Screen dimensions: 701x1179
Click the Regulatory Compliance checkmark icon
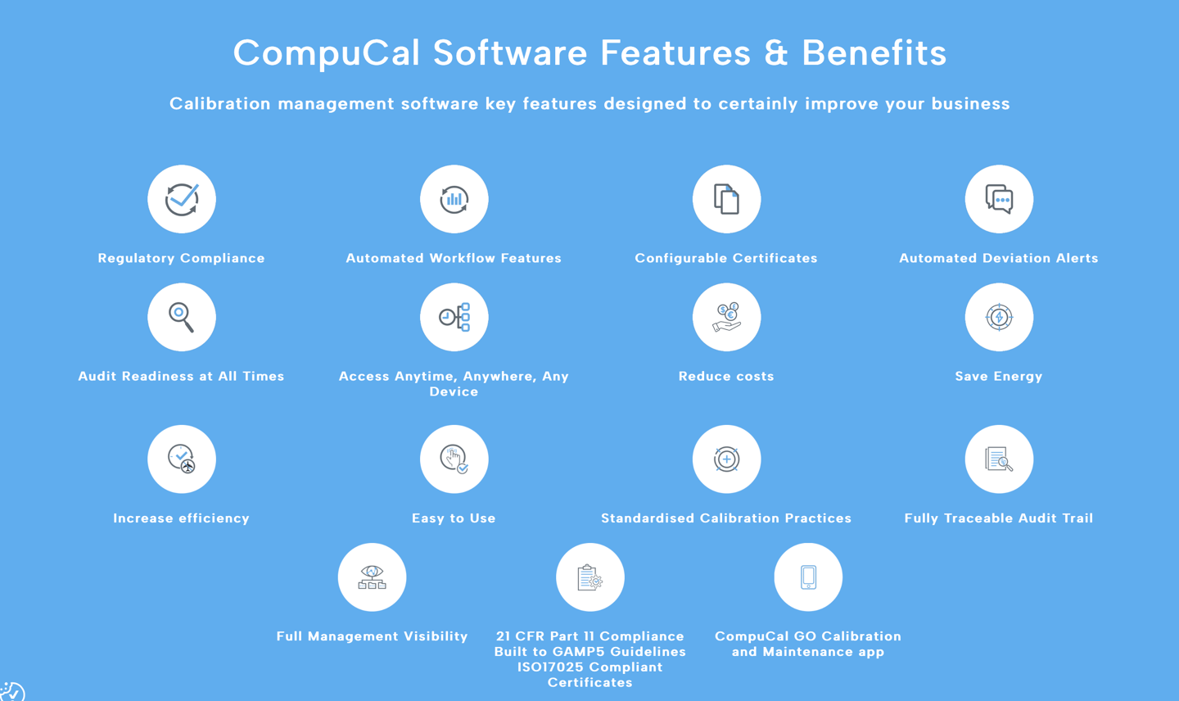tap(182, 199)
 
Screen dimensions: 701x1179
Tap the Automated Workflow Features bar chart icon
tap(454, 199)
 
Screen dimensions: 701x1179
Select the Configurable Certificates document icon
tap(726, 199)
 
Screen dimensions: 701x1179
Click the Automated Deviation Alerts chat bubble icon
tap(999, 199)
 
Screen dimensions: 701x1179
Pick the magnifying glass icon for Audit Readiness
tap(182, 317)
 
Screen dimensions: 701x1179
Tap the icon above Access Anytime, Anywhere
tap(454, 317)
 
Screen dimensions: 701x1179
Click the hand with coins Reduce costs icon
tap(726, 317)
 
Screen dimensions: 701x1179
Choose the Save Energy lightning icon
tap(999, 317)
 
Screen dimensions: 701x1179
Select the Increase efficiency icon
tap(182, 459)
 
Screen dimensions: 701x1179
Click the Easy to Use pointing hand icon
tap(454, 459)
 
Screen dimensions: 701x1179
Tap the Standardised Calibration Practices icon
tap(726, 459)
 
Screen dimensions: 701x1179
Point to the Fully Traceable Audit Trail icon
tap(999, 459)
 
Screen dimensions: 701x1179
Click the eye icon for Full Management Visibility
tap(373, 577)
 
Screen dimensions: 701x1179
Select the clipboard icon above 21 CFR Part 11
tap(590, 577)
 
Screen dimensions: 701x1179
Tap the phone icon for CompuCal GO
tap(808, 577)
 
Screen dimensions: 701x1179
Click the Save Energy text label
tap(999, 377)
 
